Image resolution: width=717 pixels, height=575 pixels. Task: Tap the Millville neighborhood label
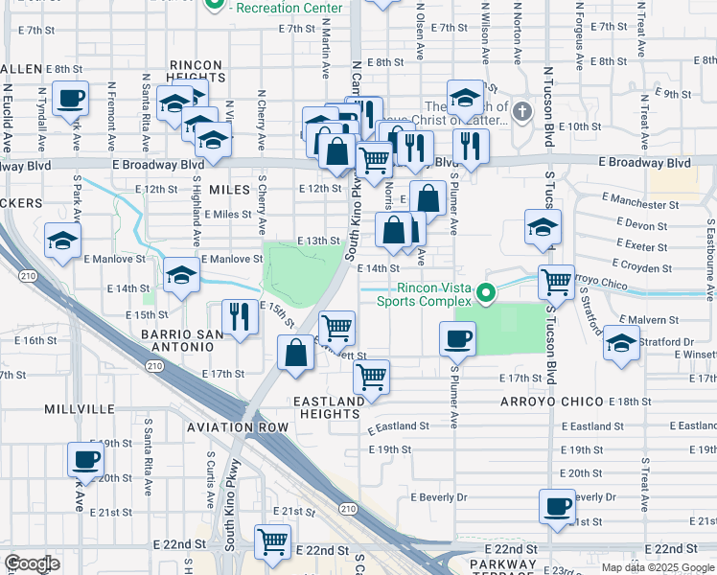tap(80, 408)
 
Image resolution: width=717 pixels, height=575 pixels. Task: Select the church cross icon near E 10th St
tap(521, 111)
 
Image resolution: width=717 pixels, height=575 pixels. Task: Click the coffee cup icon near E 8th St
tap(71, 98)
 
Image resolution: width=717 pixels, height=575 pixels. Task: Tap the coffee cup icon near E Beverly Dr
tap(556, 507)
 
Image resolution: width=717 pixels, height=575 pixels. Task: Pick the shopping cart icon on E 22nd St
tap(273, 541)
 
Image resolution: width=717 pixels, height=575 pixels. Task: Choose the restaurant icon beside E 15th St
tap(240, 317)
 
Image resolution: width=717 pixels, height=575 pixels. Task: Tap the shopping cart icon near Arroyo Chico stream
tap(556, 282)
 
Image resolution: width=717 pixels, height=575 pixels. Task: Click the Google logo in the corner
tap(32, 563)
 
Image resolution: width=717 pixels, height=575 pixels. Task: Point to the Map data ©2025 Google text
tap(657, 566)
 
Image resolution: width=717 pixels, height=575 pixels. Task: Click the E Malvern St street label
tap(654, 319)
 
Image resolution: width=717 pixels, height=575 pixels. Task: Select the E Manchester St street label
tap(648, 204)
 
